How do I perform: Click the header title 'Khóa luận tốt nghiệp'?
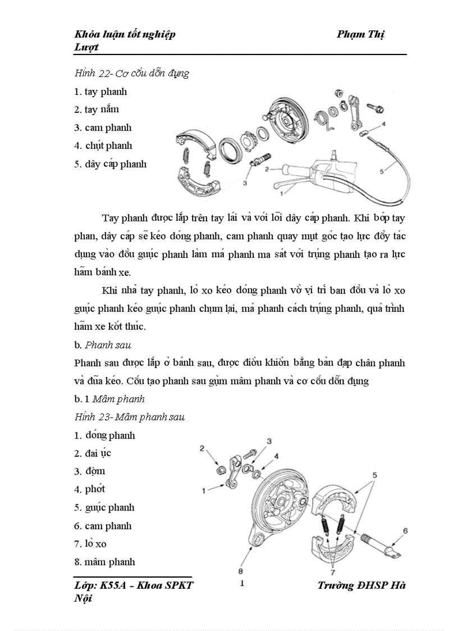click(125, 34)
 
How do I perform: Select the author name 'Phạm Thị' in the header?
click(360, 34)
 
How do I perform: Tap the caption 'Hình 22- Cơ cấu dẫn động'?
click(131, 73)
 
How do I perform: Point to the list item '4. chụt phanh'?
click(103, 146)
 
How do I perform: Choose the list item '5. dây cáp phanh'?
click(110, 164)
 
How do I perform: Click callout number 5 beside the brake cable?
click(382, 172)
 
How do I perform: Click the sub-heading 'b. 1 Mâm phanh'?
click(109, 399)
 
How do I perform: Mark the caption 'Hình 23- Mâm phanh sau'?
click(129, 417)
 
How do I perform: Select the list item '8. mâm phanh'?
click(104, 562)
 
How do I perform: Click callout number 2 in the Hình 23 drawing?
click(202, 448)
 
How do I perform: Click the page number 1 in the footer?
click(242, 583)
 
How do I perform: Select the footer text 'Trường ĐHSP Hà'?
click(361, 585)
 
